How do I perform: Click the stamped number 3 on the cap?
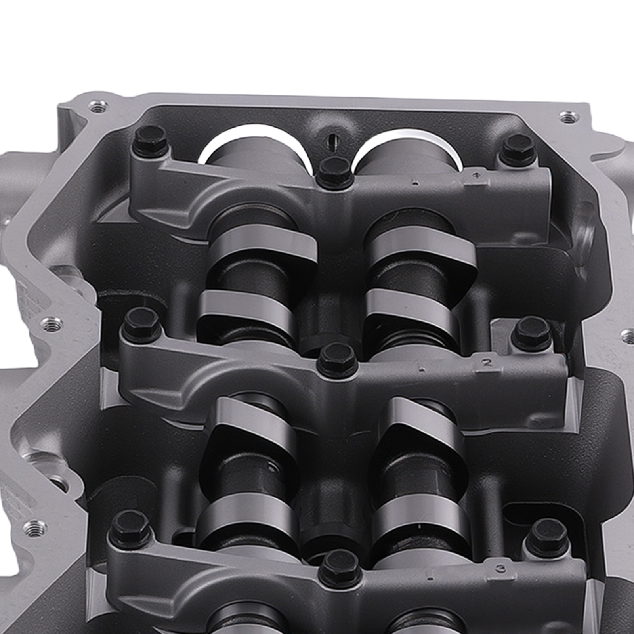(502, 568)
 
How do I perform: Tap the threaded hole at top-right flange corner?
(567, 116)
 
